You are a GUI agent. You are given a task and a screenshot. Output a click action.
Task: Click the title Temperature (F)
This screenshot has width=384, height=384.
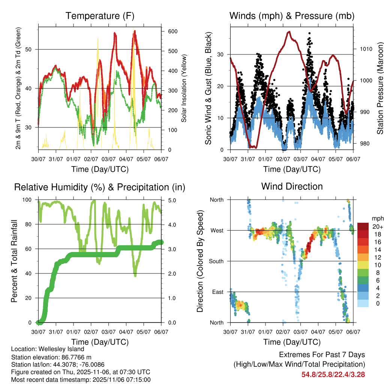[100, 16]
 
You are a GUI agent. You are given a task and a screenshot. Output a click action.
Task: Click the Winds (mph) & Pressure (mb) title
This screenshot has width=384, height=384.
[292, 16]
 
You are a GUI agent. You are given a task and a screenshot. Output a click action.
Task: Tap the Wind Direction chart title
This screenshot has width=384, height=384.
[292, 186]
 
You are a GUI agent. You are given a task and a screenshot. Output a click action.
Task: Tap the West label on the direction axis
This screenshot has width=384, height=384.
[216, 231]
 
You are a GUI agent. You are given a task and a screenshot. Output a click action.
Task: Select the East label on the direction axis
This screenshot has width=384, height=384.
[217, 292]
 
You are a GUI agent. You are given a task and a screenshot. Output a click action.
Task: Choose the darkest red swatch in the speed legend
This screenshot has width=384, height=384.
[363, 227]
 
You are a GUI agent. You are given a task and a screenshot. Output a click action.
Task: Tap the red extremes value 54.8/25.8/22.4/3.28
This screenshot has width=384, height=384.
[333, 374]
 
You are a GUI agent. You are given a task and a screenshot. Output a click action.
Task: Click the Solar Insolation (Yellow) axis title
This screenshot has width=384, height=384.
[184, 88]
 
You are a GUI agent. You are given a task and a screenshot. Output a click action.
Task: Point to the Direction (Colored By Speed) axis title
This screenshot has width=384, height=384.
[200, 261]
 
